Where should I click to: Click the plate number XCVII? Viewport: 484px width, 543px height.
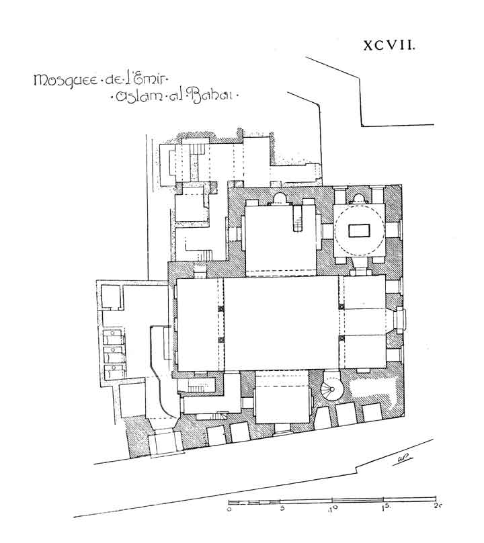coord(389,45)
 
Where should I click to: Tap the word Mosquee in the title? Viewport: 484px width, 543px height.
coord(65,81)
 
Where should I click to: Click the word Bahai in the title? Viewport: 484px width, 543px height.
coord(212,95)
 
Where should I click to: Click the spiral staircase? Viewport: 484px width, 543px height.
coord(331,389)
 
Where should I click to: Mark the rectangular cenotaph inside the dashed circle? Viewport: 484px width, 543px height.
coord(359,231)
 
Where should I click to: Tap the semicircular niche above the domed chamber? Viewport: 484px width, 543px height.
coord(359,198)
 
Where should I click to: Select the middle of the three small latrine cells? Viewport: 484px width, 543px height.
coord(114,355)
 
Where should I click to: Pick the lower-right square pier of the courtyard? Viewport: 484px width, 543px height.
coord(341,338)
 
